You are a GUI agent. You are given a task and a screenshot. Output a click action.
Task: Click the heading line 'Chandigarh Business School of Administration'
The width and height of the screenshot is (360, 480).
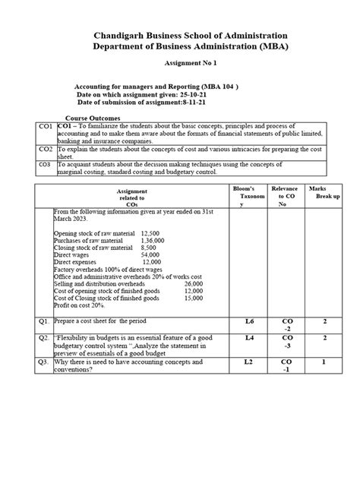pos(179,36)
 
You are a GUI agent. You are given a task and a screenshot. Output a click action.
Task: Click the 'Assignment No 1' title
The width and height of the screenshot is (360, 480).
pos(179,66)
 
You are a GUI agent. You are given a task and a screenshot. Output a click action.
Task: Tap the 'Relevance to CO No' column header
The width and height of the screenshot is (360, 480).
pos(289,196)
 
